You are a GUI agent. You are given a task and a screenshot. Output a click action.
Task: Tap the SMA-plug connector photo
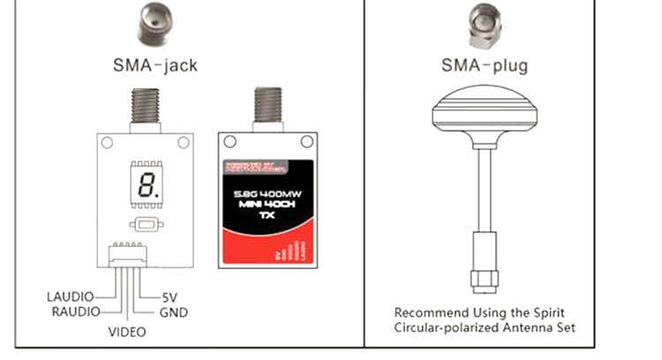tap(483, 25)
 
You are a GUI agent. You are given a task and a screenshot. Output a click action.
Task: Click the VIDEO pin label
tap(127, 332)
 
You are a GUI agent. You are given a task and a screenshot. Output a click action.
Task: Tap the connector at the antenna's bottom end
tap(484, 266)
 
